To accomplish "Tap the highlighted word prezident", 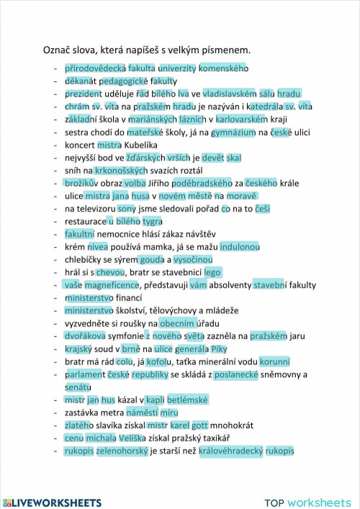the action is point(84,94).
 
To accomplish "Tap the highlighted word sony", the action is point(127,209).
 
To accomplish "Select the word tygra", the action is point(153,221).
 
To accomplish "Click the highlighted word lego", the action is point(212,272).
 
